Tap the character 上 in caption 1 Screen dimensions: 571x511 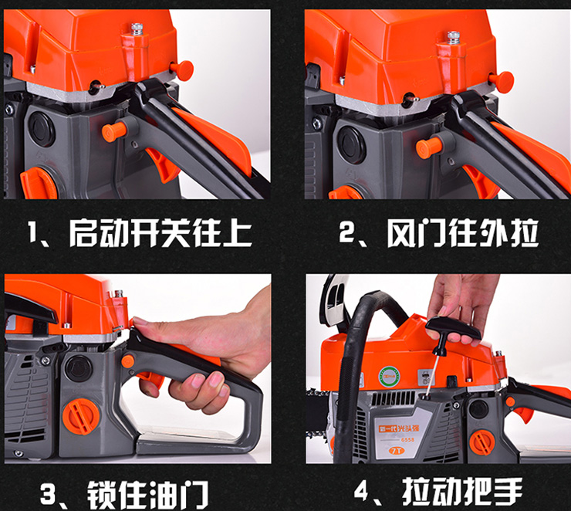[x=238, y=233]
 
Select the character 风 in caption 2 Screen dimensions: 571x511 [x=400, y=233]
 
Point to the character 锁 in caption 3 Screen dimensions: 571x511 [x=103, y=495]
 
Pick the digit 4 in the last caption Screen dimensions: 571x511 [x=362, y=491]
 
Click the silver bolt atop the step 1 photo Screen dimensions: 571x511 [x=137, y=29]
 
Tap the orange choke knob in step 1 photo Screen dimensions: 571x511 [x=114, y=132]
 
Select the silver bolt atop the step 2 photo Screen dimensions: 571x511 [x=454, y=38]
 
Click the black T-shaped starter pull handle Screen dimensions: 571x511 [x=453, y=332]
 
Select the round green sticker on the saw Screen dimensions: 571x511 [x=390, y=377]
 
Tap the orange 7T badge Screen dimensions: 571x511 [x=397, y=451]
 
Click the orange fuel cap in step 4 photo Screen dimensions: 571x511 [x=482, y=442]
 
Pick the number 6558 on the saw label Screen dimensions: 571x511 [x=407, y=440]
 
